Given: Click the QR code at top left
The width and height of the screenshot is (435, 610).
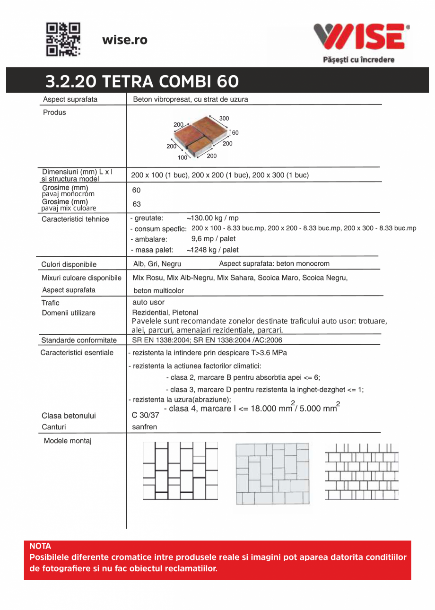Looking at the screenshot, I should tap(63, 40).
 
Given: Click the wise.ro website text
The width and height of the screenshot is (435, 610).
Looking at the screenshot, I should tap(125, 40).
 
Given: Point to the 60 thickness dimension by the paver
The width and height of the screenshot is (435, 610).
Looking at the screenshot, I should tap(235, 133).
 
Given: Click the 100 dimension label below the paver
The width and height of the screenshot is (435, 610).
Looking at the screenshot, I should tap(183, 157).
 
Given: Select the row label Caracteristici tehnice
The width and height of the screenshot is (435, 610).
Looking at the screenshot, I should tap(75, 219).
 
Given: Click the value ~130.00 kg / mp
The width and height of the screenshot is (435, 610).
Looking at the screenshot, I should tap(212, 218).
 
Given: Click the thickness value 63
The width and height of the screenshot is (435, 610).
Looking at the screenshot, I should tap(136, 204).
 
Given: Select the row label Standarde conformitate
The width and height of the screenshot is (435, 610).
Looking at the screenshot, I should tap(79, 340).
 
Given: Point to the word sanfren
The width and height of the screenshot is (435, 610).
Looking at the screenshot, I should tap(144, 427).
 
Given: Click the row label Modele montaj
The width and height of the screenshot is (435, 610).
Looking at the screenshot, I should tap(68, 441).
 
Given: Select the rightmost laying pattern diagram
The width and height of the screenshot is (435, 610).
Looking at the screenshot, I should tap(362, 471).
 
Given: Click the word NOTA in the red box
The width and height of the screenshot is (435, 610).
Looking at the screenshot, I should tap(40, 546).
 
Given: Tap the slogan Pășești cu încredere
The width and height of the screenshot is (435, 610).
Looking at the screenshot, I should tap(358, 60).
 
